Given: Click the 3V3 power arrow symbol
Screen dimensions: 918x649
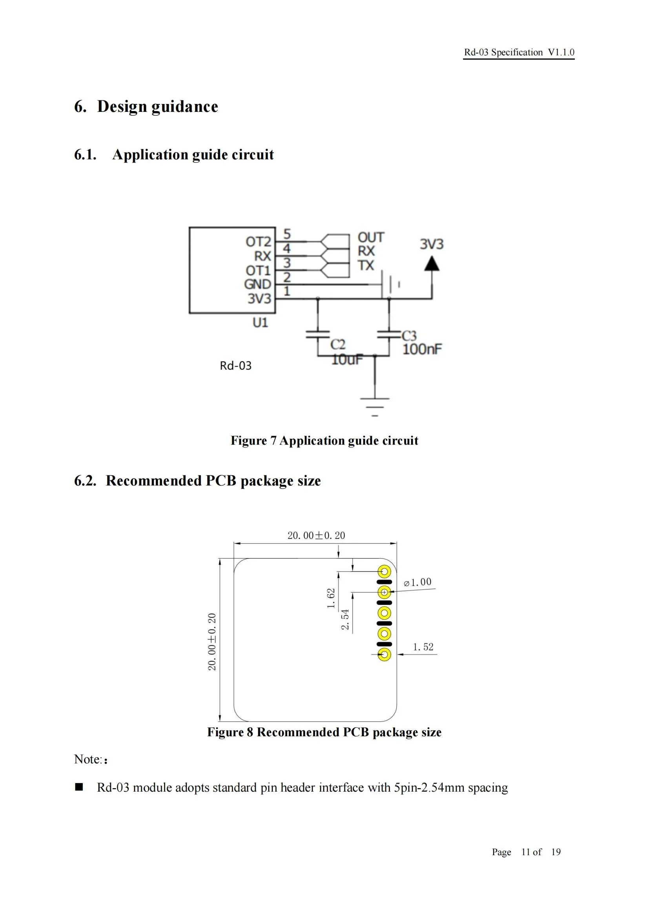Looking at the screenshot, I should [432, 264].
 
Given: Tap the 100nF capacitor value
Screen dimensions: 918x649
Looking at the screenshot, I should [422, 349].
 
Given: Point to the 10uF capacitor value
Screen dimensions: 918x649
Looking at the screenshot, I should [347, 360].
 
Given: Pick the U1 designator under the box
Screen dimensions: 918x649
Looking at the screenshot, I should [260, 322].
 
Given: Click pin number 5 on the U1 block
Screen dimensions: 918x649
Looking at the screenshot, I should [286, 234].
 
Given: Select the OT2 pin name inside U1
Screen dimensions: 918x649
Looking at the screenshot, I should [258, 241].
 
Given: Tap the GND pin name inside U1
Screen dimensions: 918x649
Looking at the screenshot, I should [257, 284].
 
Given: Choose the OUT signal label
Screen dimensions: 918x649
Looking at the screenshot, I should [370, 237].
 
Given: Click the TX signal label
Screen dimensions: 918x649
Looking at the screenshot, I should [366, 265].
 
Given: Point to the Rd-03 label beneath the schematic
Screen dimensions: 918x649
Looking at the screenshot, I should [235, 365].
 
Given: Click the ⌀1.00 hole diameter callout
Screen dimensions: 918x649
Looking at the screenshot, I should [417, 582].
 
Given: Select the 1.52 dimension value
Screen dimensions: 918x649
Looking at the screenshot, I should [423, 647].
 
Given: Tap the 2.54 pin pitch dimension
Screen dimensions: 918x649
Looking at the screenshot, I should [345, 619].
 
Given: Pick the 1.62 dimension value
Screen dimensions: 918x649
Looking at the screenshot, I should [331, 598].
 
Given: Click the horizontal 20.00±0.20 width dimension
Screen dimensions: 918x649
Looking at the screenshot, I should [316, 535].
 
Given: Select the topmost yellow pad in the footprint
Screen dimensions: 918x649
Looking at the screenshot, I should [385, 571].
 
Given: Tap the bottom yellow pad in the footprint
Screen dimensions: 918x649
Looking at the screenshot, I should [385, 655].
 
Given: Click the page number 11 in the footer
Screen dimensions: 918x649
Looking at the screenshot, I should [525, 852].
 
